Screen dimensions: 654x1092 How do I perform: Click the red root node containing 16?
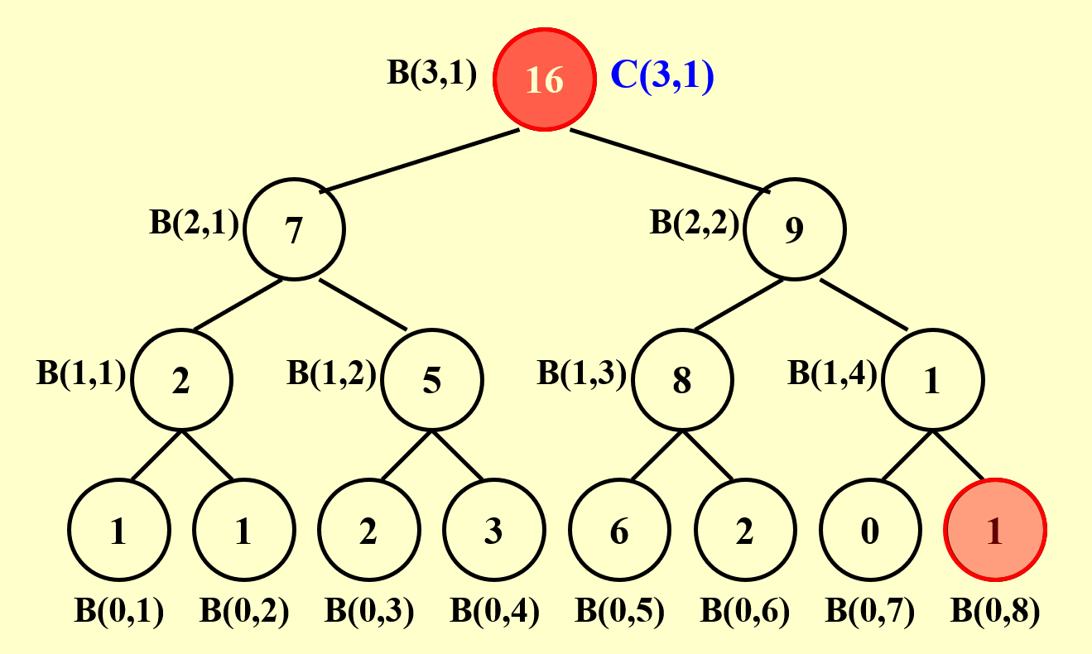(x=544, y=80)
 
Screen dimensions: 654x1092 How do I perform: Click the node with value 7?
(x=295, y=230)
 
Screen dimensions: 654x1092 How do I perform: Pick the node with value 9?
(x=794, y=230)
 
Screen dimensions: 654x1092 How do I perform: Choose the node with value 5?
(x=431, y=380)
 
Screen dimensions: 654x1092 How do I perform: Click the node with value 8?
(x=682, y=380)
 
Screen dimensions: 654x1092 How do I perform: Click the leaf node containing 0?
(x=869, y=530)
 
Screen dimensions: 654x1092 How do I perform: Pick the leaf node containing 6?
(x=619, y=530)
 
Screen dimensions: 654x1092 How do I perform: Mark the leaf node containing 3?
(x=494, y=530)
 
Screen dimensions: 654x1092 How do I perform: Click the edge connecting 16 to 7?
(x=421, y=161)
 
